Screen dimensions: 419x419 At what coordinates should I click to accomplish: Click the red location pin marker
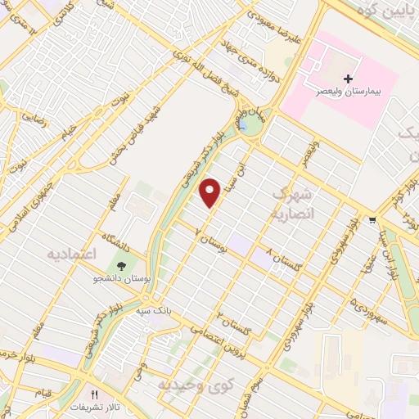211,192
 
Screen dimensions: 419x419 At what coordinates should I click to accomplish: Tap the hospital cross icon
349,79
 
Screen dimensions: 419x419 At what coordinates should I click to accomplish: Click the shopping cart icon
373,219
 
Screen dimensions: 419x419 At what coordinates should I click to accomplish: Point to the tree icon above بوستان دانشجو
121,266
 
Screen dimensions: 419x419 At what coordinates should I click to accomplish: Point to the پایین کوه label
376,11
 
